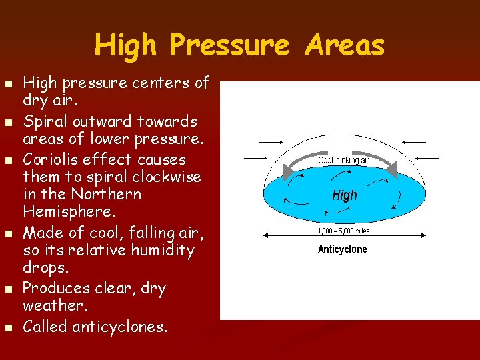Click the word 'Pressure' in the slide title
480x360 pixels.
coord(229,45)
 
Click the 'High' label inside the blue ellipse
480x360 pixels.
coord(345,195)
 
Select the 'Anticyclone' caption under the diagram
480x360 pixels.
coord(342,249)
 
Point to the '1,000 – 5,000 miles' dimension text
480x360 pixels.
coord(344,231)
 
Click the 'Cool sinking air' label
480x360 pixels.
coord(344,160)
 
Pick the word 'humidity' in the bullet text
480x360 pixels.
coord(163,251)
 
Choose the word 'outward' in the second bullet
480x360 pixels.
coord(100,122)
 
